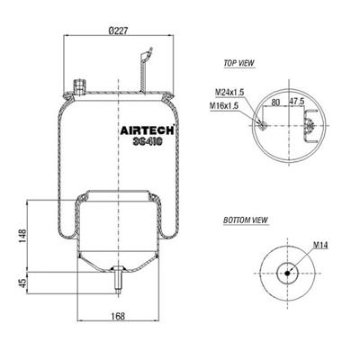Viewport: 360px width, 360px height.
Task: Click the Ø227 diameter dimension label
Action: [119, 31]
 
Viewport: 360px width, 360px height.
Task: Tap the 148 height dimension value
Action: [22, 237]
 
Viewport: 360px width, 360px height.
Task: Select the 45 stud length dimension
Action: [22, 283]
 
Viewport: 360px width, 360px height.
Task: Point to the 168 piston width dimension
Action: [118, 316]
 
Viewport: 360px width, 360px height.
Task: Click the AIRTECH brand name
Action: [148, 130]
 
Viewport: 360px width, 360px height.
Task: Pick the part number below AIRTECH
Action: [148, 142]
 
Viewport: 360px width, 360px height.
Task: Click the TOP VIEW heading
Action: [239, 63]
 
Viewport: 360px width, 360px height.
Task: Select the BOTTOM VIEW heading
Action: [246, 220]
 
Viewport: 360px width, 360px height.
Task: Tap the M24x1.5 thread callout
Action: [229, 92]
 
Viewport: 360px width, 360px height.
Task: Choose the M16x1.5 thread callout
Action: [224, 105]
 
